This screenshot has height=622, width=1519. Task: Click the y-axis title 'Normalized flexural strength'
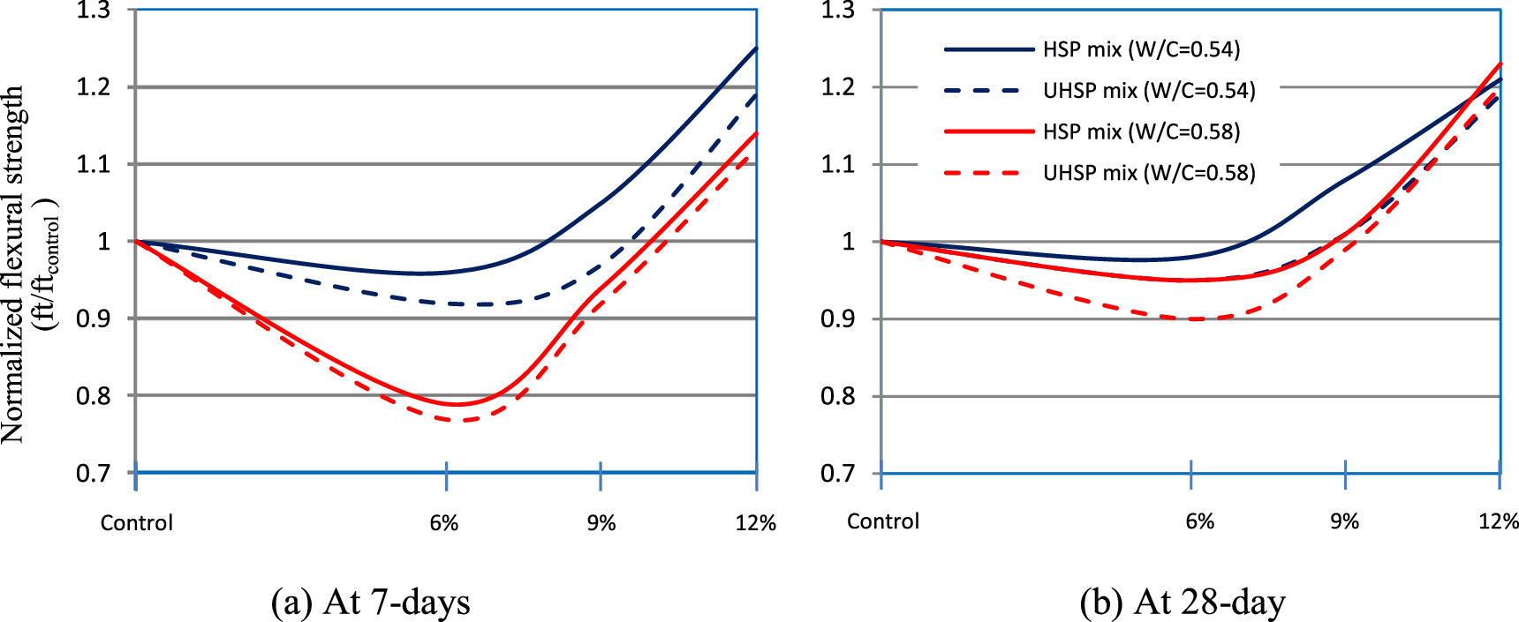pos(12,265)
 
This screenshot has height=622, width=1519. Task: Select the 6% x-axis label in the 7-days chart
pos(444,523)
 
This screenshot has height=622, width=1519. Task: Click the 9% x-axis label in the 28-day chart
pos(1344,521)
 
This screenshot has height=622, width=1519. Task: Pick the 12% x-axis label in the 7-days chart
pos(755,523)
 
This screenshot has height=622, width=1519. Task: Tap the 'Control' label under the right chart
pos(882,521)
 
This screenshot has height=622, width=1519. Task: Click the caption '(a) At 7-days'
pos(371,602)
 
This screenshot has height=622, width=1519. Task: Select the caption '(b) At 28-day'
pos(1183,602)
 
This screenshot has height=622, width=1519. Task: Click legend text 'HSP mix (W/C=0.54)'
pos(1141,49)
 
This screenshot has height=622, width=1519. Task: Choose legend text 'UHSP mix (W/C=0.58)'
pos(1148,173)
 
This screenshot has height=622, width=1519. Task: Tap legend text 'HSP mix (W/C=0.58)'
pos(1141,132)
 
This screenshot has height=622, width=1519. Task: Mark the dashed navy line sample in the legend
pos(987,91)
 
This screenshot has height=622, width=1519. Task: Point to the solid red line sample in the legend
pos(987,132)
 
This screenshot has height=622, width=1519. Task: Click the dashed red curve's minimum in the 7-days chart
pos(459,420)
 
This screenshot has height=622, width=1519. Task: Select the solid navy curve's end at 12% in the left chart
pos(756,49)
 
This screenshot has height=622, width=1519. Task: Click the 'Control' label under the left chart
pos(137,523)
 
